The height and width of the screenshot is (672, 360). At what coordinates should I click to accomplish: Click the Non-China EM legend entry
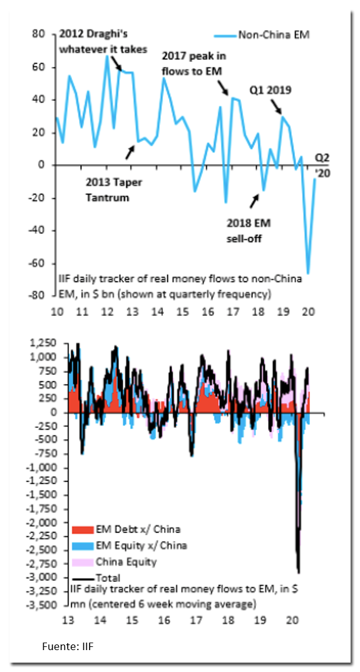(x=265, y=34)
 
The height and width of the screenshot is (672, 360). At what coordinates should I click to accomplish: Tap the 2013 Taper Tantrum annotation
(x=113, y=190)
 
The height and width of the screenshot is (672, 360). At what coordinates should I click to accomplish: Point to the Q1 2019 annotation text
(x=270, y=91)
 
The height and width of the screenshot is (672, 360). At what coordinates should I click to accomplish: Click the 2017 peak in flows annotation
(x=194, y=64)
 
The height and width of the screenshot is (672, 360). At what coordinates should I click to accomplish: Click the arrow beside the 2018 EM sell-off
(x=255, y=200)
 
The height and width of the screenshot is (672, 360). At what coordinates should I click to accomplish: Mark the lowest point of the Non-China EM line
(x=308, y=273)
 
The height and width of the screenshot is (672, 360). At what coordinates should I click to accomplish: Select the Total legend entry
(x=95, y=577)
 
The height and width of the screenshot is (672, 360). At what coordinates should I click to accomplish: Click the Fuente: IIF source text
(x=68, y=646)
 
